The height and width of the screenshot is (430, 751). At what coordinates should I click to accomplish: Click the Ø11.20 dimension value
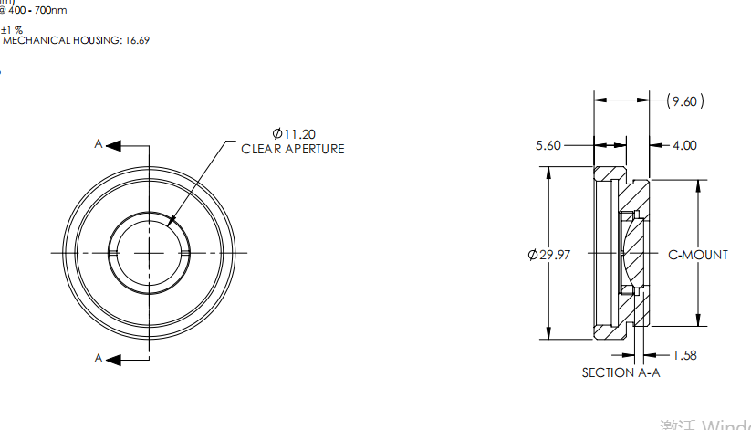click(294, 133)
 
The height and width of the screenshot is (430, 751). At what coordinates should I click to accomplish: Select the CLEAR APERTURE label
click(292, 149)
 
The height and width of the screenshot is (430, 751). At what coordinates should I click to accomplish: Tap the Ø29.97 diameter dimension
click(548, 255)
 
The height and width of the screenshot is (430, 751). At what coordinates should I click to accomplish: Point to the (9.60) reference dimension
click(685, 101)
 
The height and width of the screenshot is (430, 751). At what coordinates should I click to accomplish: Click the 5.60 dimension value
click(548, 145)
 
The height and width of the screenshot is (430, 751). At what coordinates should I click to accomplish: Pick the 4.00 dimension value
click(684, 145)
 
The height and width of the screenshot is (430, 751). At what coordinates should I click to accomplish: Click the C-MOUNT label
click(698, 255)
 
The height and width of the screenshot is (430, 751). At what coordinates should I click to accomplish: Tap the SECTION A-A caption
click(621, 372)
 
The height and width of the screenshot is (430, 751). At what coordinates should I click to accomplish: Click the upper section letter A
click(99, 144)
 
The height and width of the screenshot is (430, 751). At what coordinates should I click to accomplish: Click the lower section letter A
click(99, 359)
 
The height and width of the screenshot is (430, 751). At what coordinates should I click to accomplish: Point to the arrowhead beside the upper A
click(115, 144)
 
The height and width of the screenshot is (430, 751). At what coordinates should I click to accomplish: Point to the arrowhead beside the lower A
click(115, 359)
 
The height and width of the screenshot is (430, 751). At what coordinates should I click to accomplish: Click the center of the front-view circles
click(150, 252)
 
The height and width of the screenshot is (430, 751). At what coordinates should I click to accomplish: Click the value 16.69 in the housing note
click(137, 40)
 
